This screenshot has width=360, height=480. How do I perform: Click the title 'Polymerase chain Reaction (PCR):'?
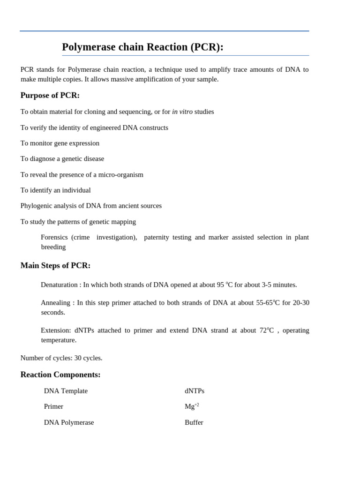[142, 47]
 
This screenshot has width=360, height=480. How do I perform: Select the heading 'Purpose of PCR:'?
[50, 95]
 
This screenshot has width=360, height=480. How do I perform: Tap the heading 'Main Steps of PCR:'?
[55, 265]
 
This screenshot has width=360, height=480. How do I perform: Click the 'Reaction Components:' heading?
[60, 375]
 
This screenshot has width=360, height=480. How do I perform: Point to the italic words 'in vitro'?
[182, 112]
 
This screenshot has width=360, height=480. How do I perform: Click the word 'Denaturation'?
[59, 285]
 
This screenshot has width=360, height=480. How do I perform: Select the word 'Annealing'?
[56, 303]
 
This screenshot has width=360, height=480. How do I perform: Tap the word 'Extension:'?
[56, 330]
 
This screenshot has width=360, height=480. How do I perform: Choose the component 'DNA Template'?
[66, 391]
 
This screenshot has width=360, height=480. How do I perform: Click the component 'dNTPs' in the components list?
[195, 391]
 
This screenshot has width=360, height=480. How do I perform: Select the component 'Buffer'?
[194, 422]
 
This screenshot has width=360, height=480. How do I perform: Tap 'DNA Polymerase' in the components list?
[69, 422]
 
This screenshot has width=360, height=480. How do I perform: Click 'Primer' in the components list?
[53, 406]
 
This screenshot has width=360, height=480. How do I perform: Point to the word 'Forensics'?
[54, 237]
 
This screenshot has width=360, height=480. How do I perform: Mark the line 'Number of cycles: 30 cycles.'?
[61, 358]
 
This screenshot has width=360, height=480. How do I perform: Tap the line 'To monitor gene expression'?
[60, 143]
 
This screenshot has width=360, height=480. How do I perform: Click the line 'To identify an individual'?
[56, 190]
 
